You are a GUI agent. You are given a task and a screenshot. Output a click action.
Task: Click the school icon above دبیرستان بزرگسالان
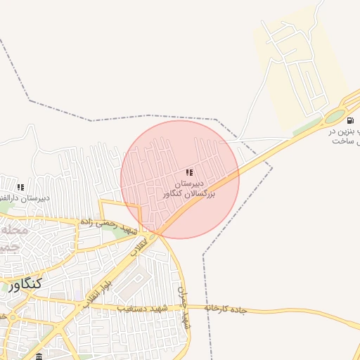pyautogui.click(x=188, y=172)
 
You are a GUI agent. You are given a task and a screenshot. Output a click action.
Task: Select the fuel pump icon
pyautogui.click(x=350, y=120)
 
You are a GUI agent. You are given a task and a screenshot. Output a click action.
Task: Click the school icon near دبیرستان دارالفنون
pyautogui.click(x=20, y=187)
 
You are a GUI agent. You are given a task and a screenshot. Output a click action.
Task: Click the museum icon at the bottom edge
pyautogui.click(x=39, y=356)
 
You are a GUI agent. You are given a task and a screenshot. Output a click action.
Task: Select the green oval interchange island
pyautogui.click(x=335, y=117)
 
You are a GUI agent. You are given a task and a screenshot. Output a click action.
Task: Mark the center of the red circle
pyautogui.click(x=180, y=179)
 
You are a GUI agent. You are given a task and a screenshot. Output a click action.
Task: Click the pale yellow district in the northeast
pyautogui.click(x=302, y=63)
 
